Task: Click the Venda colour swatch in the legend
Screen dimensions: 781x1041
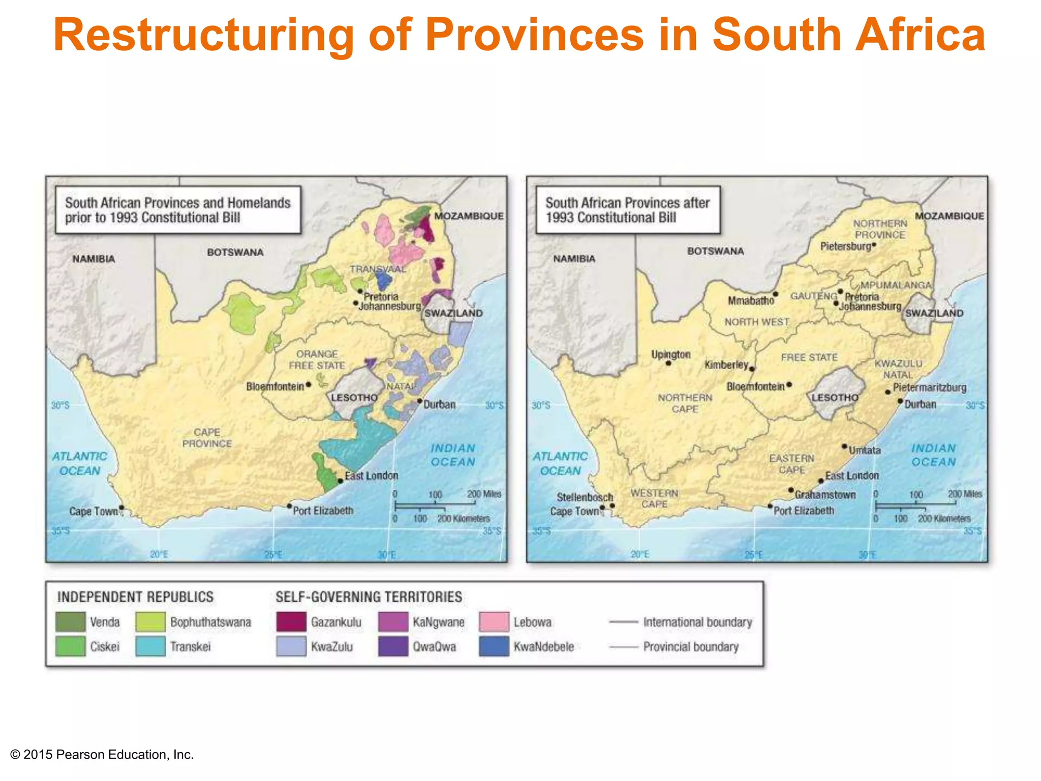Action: pos(70,622)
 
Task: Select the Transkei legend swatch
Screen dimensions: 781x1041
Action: pos(150,646)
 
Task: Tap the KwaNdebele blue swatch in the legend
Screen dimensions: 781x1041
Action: pos(494,646)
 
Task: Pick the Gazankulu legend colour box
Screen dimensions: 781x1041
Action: pos(291,622)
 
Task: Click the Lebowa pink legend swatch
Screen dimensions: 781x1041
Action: pos(494,622)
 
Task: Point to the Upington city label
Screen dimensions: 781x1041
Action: pos(670,354)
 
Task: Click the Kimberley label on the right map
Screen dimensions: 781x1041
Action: pos(726,365)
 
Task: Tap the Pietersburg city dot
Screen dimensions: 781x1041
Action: pos(874,245)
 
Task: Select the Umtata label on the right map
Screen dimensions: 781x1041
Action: pos(865,450)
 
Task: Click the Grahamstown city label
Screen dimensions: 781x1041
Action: pos(825,495)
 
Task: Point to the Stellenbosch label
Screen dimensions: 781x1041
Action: pos(585,497)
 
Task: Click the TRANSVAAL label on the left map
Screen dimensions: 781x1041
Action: pos(378,269)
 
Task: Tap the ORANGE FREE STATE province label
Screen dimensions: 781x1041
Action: pos(317,359)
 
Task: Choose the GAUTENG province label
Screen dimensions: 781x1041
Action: pos(813,296)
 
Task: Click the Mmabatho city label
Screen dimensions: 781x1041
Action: pos(750,301)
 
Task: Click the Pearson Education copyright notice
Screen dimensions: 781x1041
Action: pos(102,755)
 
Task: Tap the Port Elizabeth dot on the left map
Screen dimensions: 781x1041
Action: pos(289,506)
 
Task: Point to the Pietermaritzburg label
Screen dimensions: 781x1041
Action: pos(929,387)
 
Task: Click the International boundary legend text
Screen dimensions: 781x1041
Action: pos(697,622)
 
